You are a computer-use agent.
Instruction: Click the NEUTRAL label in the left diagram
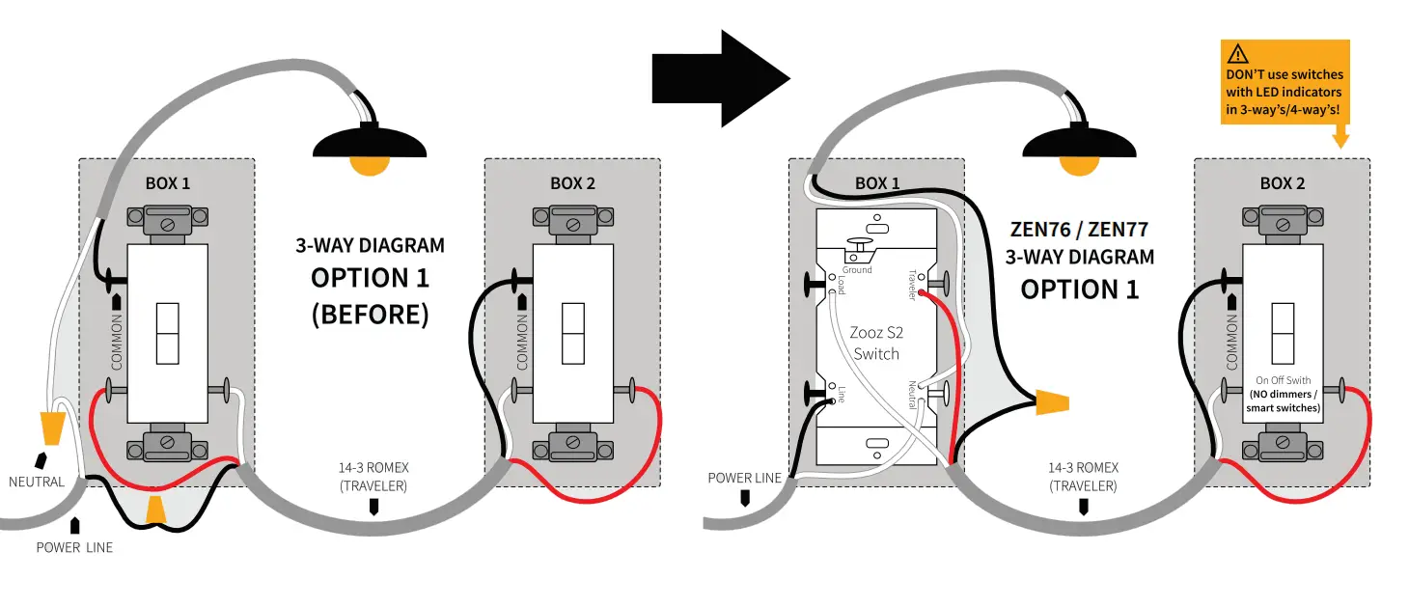click(x=37, y=482)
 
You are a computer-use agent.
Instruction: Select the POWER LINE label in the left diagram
click(x=74, y=547)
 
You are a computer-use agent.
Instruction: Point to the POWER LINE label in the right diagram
click(x=744, y=478)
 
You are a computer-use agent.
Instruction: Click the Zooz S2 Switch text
click(x=875, y=343)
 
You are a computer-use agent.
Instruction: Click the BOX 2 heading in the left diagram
click(x=572, y=182)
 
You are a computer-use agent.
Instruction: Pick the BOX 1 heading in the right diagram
click(x=876, y=182)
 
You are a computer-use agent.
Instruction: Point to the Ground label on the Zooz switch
click(x=857, y=270)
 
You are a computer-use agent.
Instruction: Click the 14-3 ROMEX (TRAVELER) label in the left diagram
click(x=373, y=477)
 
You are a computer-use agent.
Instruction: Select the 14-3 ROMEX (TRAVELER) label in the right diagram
click(x=1083, y=477)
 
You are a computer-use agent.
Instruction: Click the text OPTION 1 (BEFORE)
click(x=370, y=295)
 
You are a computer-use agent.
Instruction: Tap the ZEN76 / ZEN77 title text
click(x=1079, y=230)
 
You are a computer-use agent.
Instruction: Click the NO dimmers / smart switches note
click(x=1283, y=401)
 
